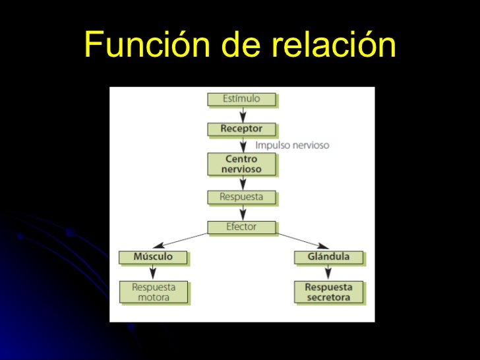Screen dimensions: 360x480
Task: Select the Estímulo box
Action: (241, 99)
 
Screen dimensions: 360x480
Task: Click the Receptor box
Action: (241, 129)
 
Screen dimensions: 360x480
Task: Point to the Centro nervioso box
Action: (242, 164)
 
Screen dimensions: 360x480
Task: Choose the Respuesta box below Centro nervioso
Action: (241, 196)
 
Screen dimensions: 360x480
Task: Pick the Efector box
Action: (241, 227)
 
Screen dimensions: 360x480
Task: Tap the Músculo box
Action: (153, 256)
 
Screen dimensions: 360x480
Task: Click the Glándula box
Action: (328, 256)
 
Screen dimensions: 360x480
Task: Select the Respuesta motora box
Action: (153, 292)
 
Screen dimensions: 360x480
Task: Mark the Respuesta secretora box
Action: (328, 292)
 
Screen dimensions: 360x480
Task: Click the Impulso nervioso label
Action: (292, 145)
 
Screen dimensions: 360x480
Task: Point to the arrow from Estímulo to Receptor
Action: (242, 114)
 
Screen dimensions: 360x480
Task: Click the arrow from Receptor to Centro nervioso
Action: (242, 144)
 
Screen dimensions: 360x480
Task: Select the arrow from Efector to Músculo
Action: (178, 241)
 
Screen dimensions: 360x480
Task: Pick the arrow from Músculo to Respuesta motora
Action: (153, 272)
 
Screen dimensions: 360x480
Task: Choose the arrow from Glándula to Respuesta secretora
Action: (328, 272)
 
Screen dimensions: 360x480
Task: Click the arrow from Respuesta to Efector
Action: (242, 212)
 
